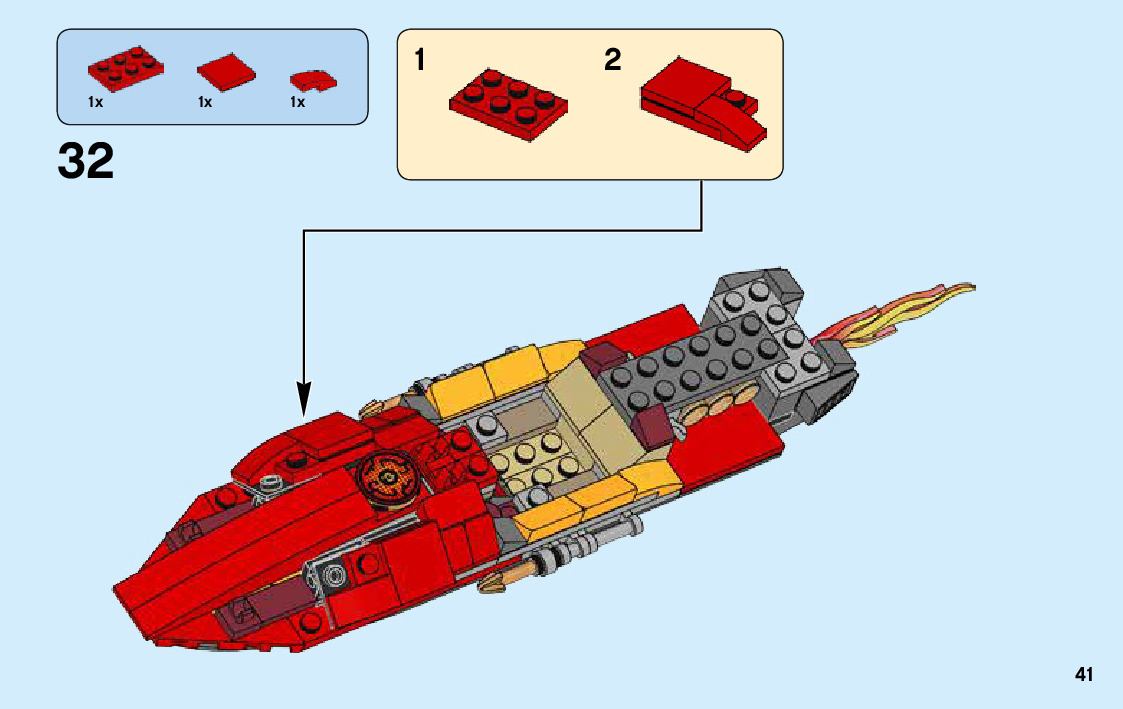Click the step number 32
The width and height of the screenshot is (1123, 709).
(86, 161)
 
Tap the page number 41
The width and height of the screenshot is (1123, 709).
(1083, 675)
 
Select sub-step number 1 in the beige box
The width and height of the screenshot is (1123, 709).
(420, 61)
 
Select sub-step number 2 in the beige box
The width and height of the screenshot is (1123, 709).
(612, 61)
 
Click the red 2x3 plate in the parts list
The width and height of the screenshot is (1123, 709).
(125, 67)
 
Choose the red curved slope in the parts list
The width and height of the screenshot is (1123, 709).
(312, 80)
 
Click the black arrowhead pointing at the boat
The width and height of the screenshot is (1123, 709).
(304, 399)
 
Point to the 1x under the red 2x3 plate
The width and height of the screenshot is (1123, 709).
(95, 102)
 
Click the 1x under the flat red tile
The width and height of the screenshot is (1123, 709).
(205, 102)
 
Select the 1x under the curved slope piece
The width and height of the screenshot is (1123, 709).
(297, 102)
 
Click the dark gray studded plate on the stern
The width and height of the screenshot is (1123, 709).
(710, 360)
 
